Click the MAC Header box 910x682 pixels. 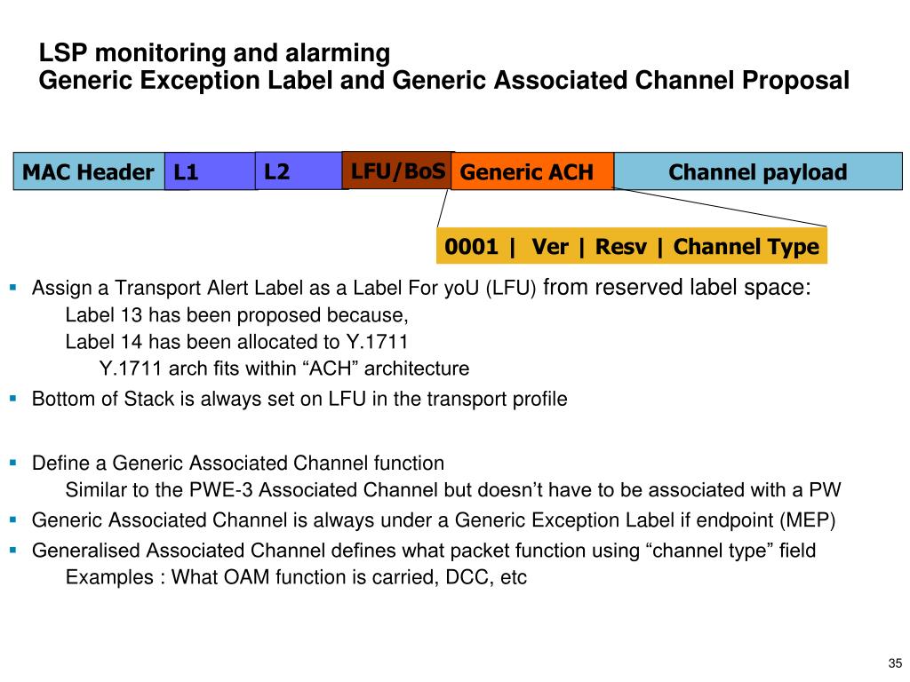pos(88,172)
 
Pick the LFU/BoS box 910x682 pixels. pos(397,170)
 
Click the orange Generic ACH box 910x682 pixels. pos(531,172)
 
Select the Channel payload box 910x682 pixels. pos(757,171)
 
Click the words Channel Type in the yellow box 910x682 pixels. pos(746,247)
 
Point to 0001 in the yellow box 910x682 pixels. pos(471,247)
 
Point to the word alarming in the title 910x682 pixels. pos(341,53)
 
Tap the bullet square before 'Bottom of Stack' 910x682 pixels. pos(13,399)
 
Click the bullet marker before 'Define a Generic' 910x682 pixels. pos(13,463)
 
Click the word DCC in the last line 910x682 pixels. pos(460,577)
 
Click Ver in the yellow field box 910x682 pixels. pos(550,247)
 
